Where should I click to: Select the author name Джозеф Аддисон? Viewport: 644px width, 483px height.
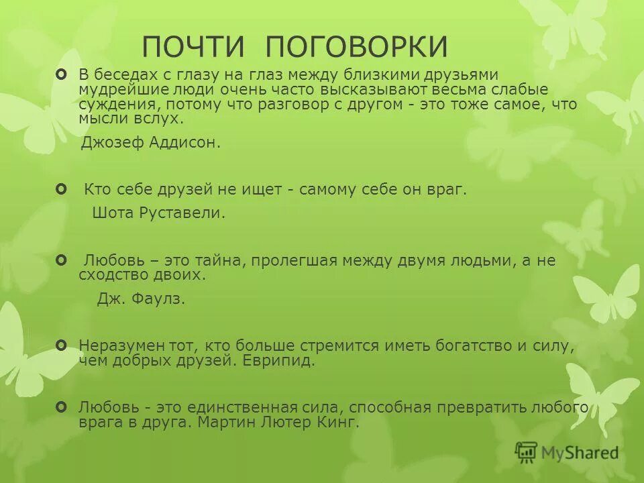tap(150, 143)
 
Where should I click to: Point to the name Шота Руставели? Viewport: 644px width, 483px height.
tap(158, 213)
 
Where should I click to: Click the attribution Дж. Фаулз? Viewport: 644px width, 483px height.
tap(141, 299)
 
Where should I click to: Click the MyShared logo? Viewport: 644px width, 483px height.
tap(567, 453)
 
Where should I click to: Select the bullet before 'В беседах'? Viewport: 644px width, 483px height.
tap(62, 73)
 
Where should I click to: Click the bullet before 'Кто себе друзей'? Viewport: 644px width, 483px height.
tap(62, 190)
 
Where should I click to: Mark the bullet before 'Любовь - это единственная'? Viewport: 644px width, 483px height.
tap(62, 407)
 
